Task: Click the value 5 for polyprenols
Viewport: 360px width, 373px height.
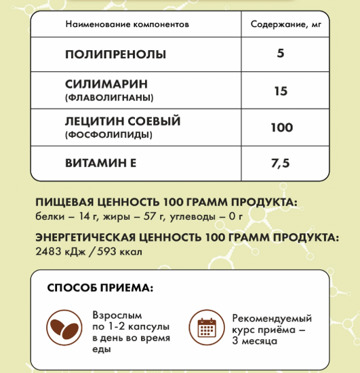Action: pos(281,54)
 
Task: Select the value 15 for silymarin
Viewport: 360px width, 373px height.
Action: pos(281,91)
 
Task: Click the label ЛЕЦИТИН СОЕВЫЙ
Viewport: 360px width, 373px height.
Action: pos(123,121)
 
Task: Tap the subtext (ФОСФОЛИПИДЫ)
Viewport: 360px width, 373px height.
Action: pos(108,135)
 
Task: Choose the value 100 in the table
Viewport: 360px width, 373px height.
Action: pos(281,127)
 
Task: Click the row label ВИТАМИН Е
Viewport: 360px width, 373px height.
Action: pos(101,163)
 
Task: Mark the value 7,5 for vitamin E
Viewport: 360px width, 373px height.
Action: pos(281,163)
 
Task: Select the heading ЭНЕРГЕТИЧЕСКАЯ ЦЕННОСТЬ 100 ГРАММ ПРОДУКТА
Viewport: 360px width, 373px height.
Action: pos(185,238)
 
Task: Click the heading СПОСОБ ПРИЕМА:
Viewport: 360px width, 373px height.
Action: pos(100,288)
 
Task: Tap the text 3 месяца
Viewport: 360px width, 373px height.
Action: pos(254,341)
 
